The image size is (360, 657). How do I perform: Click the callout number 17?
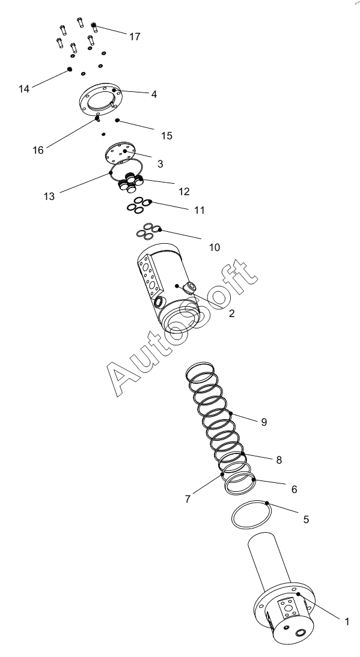(135, 37)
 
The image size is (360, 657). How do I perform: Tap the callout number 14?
(24, 89)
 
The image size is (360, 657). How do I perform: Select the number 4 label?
(154, 95)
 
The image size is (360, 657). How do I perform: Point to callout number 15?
(167, 136)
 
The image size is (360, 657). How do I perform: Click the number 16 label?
(38, 150)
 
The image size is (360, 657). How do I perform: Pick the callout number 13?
(49, 196)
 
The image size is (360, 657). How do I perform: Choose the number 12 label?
(185, 192)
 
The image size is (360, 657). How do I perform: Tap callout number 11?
(200, 210)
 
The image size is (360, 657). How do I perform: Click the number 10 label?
(215, 247)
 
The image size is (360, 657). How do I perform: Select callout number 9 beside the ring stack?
(264, 422)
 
